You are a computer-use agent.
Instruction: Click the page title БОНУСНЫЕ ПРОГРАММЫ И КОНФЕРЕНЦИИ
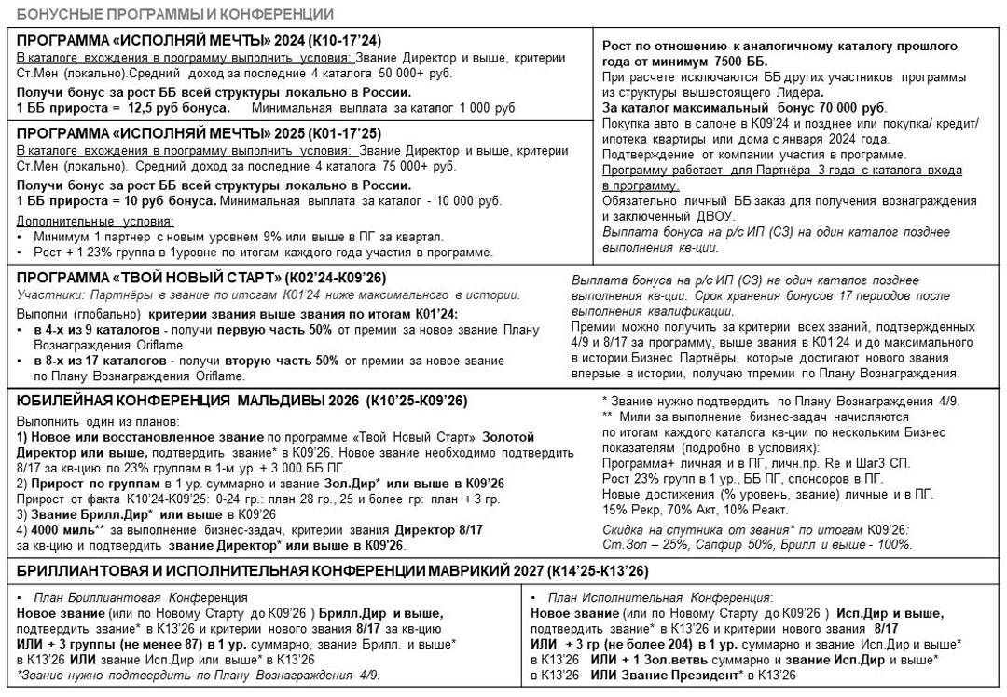175,14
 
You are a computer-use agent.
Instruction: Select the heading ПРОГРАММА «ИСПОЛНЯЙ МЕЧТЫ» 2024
200,40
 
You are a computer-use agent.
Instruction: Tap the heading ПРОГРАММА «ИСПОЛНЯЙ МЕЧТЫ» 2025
200,132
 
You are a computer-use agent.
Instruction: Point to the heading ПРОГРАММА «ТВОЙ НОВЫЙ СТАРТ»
201,278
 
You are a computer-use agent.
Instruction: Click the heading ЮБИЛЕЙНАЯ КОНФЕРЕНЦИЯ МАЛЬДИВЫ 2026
242,401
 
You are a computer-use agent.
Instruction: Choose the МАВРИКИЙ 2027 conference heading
333,571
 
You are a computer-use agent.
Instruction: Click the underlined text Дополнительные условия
96,221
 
